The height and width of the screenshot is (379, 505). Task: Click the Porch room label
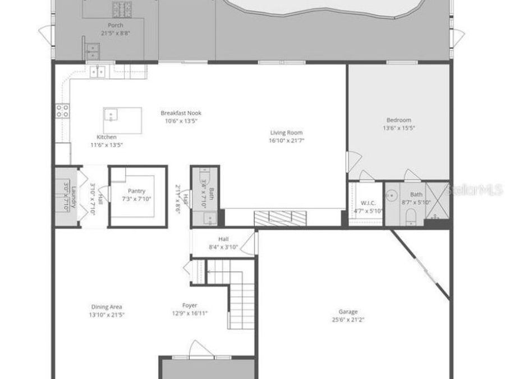tap(116, 25)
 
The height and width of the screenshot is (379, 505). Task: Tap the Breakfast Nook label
tap(180, 113)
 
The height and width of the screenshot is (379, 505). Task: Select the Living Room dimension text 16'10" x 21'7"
tap(286, 141)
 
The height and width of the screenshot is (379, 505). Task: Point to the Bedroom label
tap(398, 120)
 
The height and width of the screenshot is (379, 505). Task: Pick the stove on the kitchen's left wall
tap(62, 110)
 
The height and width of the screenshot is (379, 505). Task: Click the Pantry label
tap(136, 191)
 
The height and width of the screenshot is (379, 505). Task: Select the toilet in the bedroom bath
tap(410, 216)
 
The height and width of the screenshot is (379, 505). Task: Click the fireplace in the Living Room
tap(281, 217)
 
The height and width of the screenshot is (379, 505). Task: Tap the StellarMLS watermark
tap(475, 190)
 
